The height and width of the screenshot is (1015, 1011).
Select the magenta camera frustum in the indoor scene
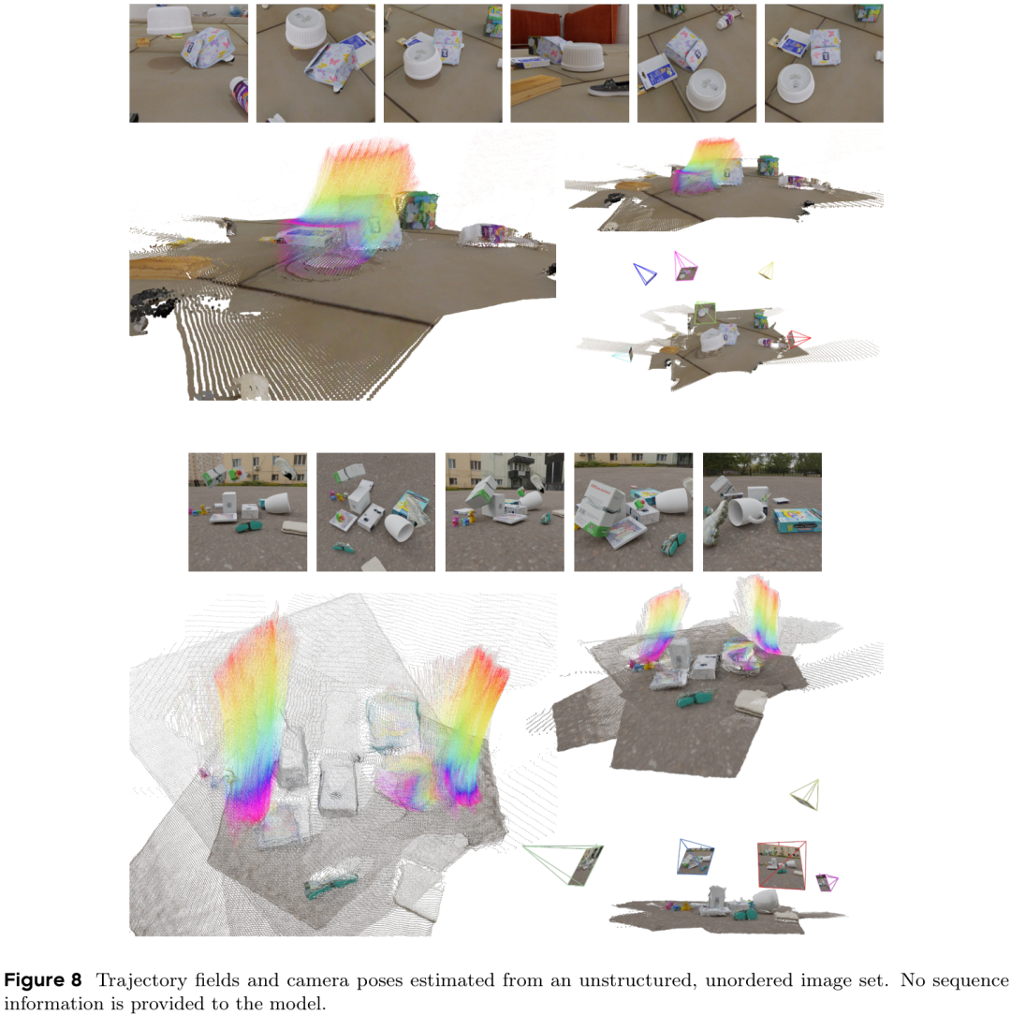[x=685, y=267]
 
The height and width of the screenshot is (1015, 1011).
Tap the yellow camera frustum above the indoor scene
[x=767, y=271]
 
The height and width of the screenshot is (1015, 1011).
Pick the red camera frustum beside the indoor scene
[x=799, y=339]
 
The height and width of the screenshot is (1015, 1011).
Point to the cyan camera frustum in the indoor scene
[x=622, y=354]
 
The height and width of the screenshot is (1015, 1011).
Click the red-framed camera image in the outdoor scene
[x=782, y=865]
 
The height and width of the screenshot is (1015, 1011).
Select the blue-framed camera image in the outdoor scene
[x=696, y=857]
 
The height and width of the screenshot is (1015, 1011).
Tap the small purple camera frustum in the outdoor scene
[x=827, y=882]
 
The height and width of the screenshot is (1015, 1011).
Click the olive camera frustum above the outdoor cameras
[x=806, y=795]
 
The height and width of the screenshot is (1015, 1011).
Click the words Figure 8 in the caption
[x=43, y=979]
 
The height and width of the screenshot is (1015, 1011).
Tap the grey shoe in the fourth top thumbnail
[x=609, y=88]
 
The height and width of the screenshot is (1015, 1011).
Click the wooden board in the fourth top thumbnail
[x=535, y=90]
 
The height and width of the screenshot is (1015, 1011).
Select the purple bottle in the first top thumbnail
[x=240, y=95]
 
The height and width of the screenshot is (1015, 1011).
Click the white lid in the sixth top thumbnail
[x=796, y=82]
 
